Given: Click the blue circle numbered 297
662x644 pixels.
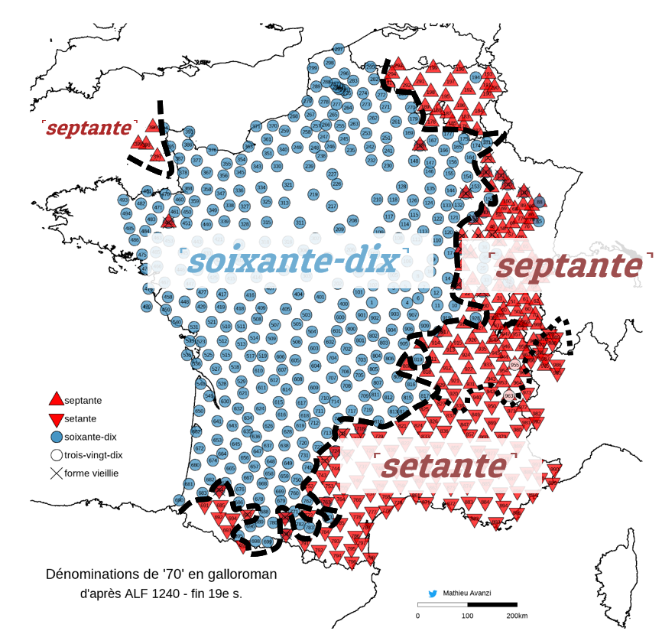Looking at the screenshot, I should [338, 49].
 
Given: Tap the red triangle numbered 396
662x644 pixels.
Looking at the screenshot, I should [154, 126].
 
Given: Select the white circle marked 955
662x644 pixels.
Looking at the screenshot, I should [514, 366].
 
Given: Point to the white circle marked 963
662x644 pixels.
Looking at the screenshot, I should [509, 395].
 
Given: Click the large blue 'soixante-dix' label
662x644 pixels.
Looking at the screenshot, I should [294, 262].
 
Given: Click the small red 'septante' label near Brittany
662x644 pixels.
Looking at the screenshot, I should [88, 128].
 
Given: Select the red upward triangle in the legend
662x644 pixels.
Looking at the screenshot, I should [56, 399].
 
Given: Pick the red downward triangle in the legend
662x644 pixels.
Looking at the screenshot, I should [56, 419].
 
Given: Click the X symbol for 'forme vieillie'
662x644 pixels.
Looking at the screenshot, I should [56, 473].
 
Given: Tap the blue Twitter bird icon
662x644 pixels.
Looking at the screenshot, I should [433, 593].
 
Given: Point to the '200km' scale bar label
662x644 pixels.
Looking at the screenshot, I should [518, 616].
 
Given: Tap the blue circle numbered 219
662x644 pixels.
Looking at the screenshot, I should [313, 194].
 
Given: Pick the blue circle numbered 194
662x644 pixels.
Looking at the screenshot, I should [475, 77].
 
